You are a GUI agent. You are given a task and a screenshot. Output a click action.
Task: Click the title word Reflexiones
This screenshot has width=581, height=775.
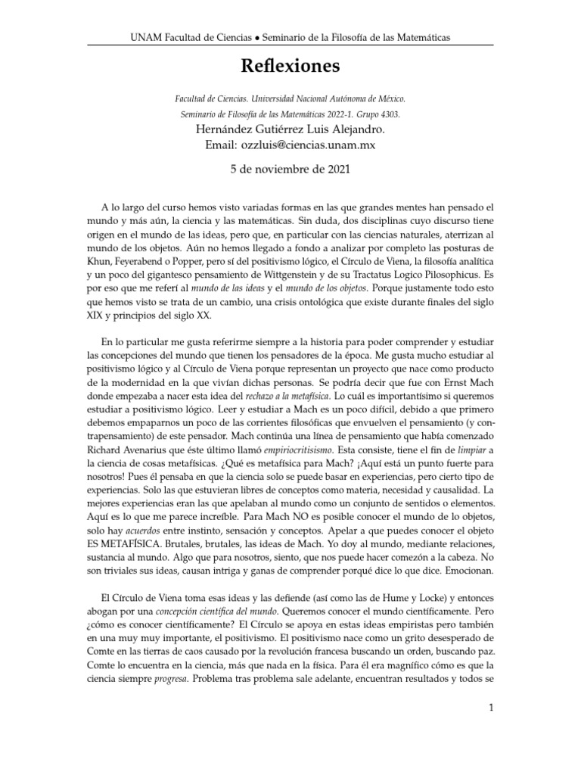tap(290, 67)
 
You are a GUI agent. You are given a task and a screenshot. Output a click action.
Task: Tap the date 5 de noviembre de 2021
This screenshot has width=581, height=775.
tap(290, 171)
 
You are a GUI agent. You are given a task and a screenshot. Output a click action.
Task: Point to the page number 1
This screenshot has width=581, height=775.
tap(491, 708)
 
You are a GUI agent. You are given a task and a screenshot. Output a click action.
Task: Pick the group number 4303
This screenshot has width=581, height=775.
tap(388, 114)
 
